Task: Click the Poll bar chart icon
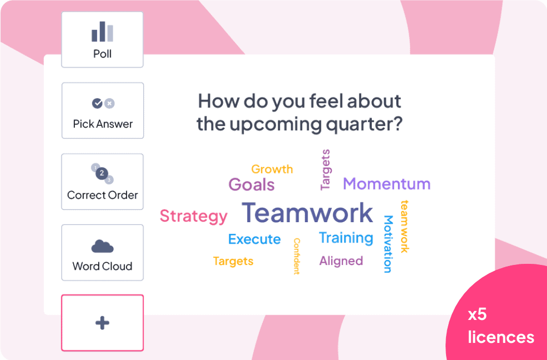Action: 103,32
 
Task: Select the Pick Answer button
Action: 103,111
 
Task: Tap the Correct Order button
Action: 103,182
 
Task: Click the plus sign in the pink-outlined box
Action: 102,323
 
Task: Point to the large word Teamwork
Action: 307,213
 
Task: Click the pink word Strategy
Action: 193,216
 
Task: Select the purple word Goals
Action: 252,184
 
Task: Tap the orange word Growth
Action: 272,169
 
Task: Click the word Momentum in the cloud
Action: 387,184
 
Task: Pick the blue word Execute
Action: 254,239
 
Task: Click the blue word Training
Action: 346,238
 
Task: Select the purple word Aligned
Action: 341,261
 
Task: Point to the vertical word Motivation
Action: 388,244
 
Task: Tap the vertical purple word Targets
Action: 325,170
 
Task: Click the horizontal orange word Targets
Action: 233,261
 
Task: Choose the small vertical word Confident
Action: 296,256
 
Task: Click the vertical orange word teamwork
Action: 404,226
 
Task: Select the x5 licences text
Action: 501,326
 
